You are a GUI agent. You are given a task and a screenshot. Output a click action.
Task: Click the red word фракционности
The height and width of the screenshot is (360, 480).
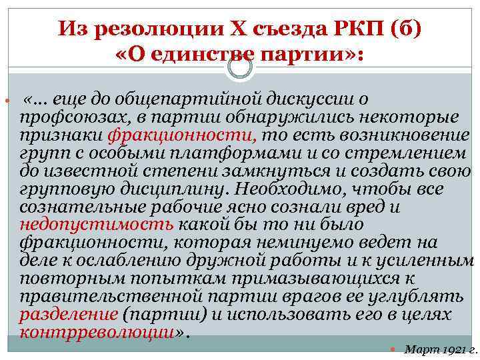pyautogui.click(x=181, y=136)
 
